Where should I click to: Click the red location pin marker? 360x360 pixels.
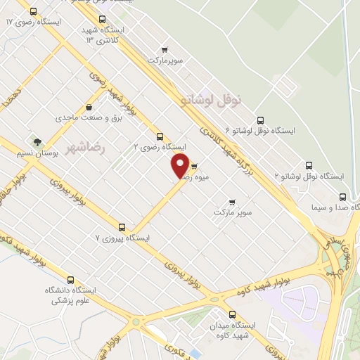coord(180,166)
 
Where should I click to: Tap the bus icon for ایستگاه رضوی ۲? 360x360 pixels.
coord(160,136)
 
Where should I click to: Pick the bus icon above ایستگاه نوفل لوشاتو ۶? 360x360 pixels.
coord(261,120)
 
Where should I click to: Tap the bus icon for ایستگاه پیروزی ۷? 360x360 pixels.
coord(122,228)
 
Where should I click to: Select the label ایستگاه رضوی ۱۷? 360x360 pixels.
coord(33,22)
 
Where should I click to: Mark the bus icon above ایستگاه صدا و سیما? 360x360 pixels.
coord(342,196)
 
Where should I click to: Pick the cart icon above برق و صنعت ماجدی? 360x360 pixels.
coord(89,107)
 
